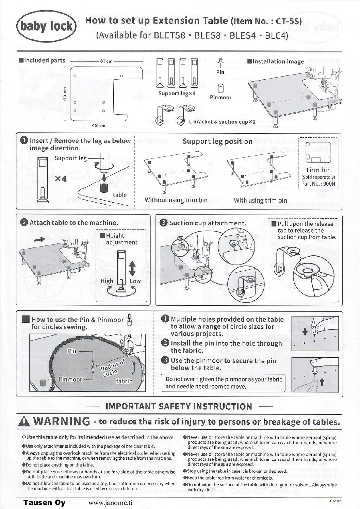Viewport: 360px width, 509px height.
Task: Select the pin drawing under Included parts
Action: [x=220, y=63]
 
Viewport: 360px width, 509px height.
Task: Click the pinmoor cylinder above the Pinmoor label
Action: [x=220, y=88]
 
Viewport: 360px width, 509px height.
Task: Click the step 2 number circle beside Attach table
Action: [x=24, y=223]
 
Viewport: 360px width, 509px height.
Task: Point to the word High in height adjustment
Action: [x=107, y=281]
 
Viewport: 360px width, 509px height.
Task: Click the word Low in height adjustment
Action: [x=135, y=281]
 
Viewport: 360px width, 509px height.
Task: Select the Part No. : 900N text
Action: [x=318, y=184]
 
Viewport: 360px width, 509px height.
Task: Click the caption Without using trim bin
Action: [x=176, y=200]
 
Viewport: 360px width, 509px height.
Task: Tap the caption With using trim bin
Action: [x=260, y=200]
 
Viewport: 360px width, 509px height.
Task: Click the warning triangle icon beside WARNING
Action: [x=26, y=422]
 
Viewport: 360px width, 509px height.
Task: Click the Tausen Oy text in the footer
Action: [x=44, y=503]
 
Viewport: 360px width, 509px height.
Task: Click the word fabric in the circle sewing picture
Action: [x=124, y=381]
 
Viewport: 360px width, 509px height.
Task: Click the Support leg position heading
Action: [x=217, y=141]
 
